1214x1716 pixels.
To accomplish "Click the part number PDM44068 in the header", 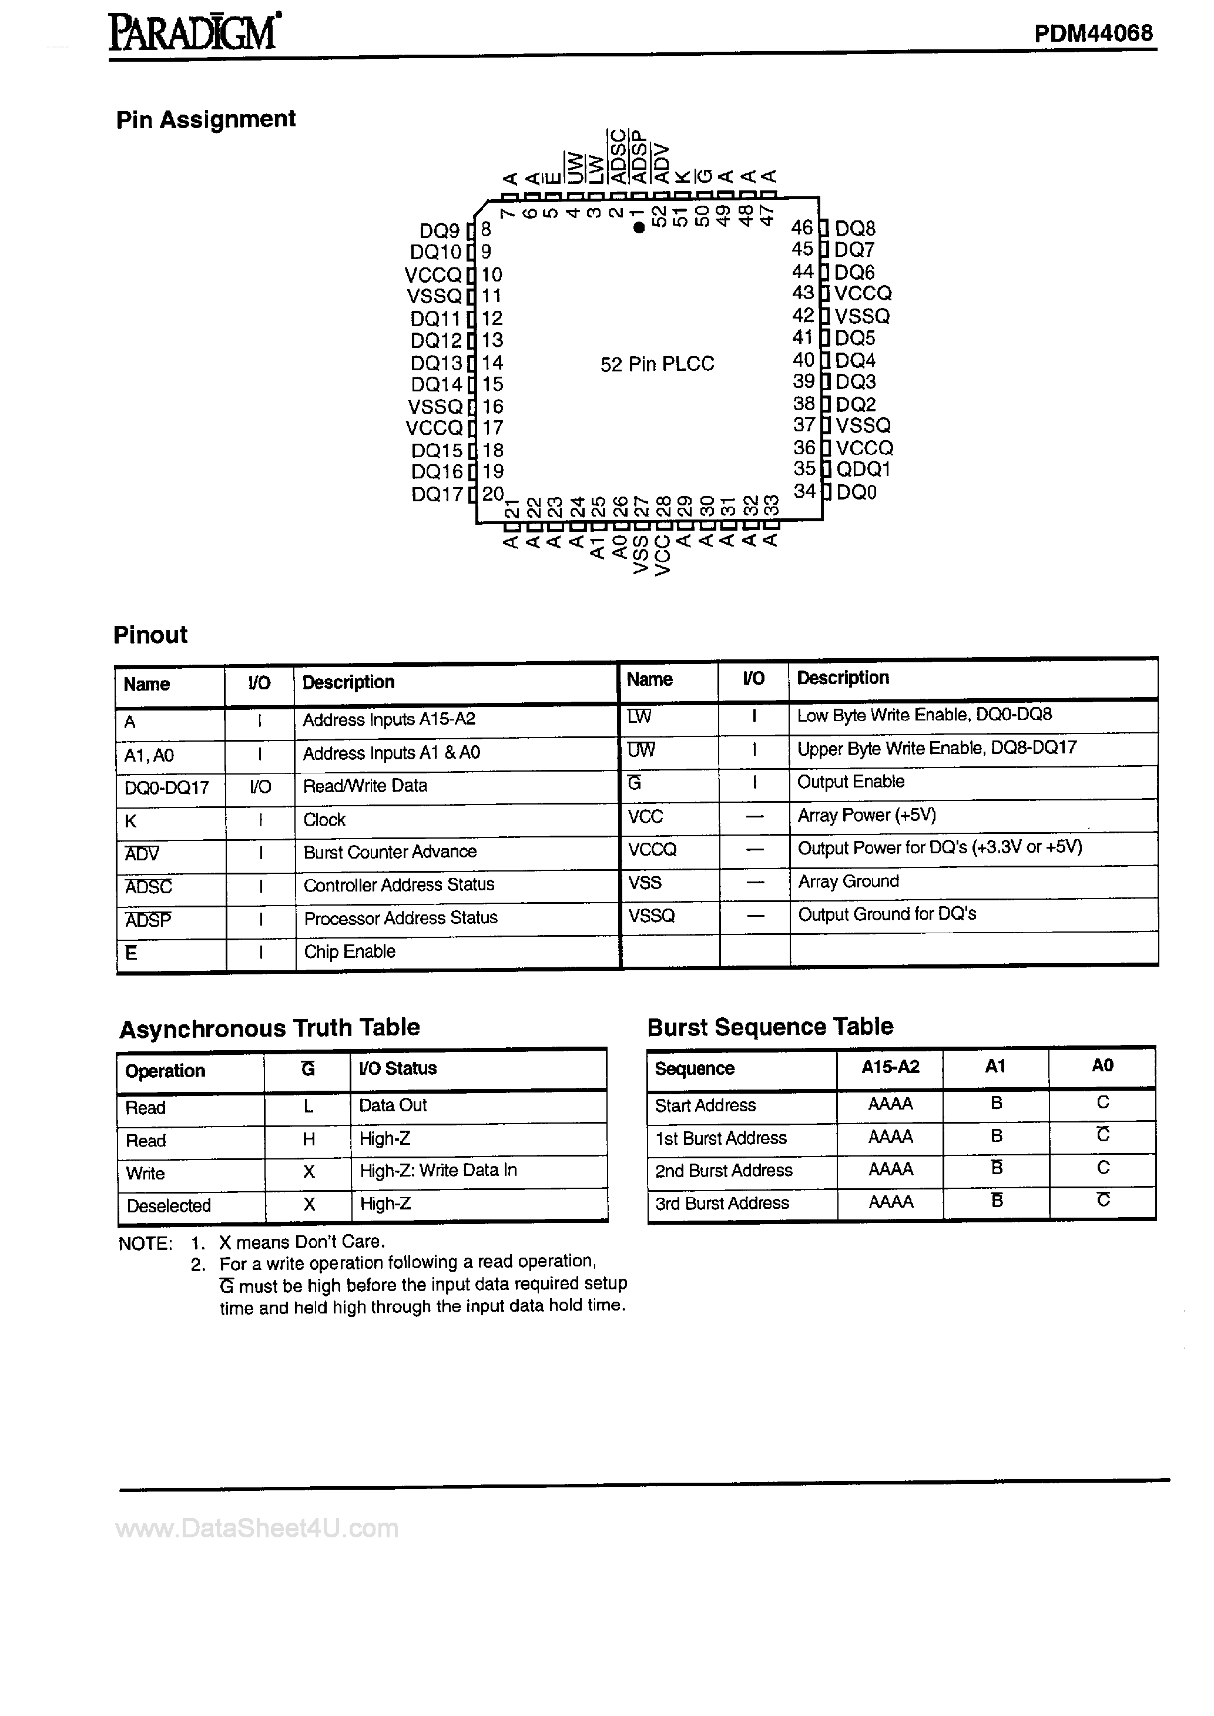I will coord(1093,33).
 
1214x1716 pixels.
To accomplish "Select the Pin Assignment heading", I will coord(206,119).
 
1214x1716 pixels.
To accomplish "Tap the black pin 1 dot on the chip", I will coord(638,228).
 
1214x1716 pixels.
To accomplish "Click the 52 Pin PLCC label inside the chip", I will coord(657,364).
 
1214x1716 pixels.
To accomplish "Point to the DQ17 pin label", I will coord(437,494).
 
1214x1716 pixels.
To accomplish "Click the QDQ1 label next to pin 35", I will coord(863,470).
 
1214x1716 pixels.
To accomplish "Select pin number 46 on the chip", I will coord(802,227).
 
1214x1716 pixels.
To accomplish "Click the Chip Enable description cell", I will coord(349,951).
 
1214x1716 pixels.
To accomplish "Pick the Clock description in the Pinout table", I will coord(324,820).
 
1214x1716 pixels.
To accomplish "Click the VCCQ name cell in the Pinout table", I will coord(652,849).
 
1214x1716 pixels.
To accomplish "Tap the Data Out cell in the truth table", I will coord(393,1105).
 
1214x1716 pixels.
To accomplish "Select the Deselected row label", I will coord(169,1205).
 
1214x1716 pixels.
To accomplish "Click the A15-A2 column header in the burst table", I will coord(890,1067).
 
